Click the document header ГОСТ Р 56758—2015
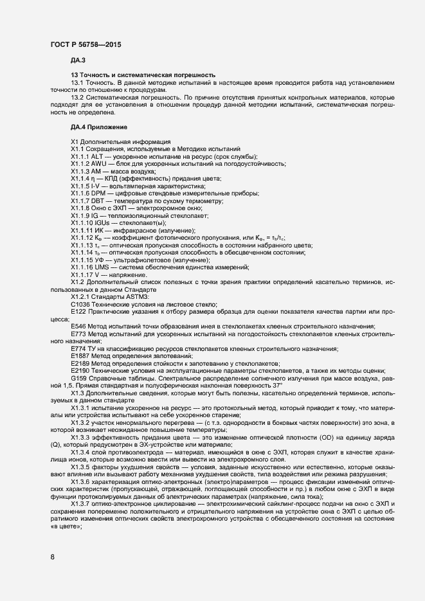coord(85,44)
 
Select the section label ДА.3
coord(78,60)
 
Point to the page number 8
coord(52,557)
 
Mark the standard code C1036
coord(81,303)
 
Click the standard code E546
coord(79,327)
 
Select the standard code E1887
coord(81,355)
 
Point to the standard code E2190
coord(81,370)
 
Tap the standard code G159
coord(80,378)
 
